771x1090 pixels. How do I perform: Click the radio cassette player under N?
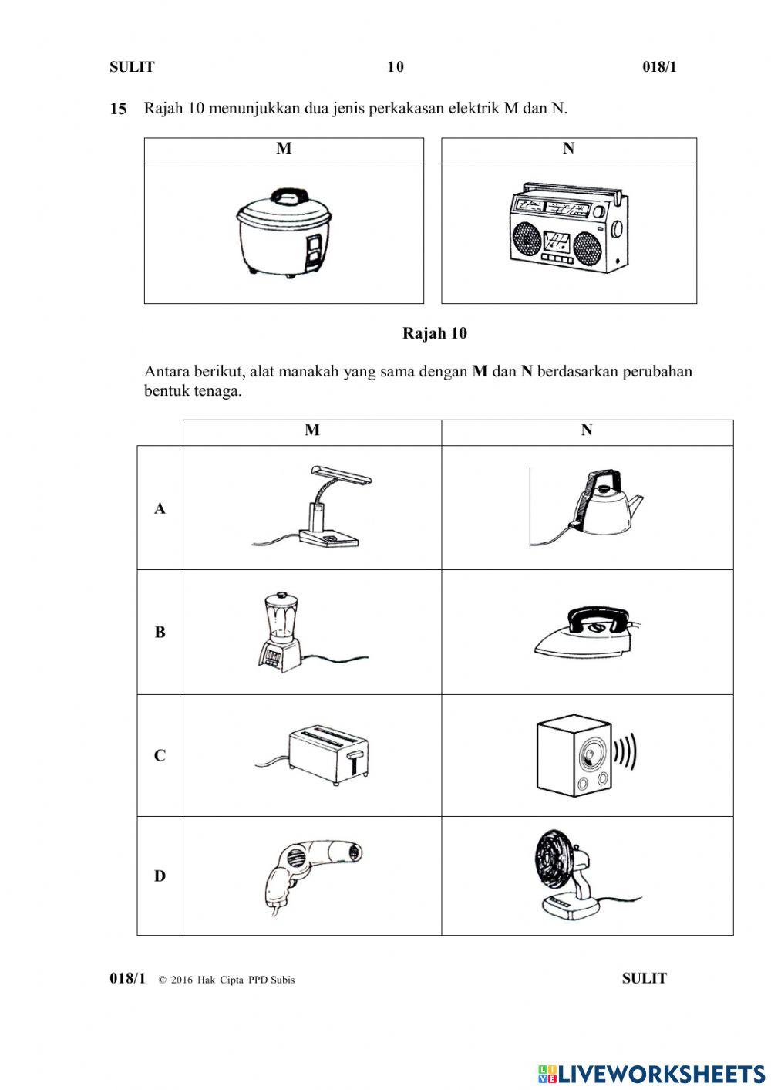(x=569, y=228)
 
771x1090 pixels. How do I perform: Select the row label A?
(x=160, y=508)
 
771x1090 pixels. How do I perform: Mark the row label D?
(x=160, y=876)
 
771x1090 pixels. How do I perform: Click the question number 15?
(x=118, y=109)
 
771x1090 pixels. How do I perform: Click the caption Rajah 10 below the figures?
(x=434, y=333)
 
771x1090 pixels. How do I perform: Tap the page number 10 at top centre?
(x=395, y=67)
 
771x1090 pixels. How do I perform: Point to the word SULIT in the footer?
(x=644, y=978)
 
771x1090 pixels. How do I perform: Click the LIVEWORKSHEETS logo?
(x=651, y=1073)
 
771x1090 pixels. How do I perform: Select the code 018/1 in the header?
(x=659, y=67)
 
